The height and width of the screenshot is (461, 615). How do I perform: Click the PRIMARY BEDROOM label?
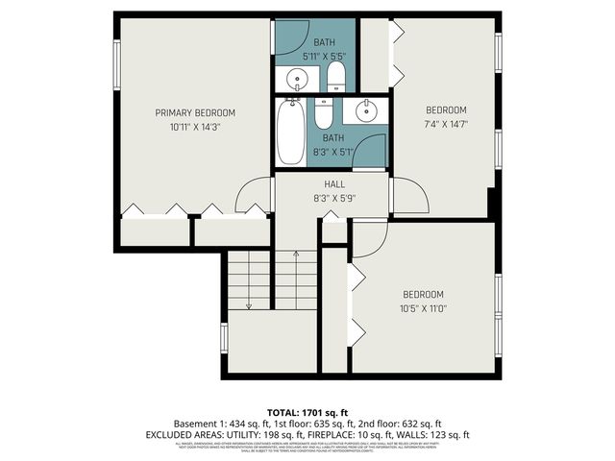[195, 112]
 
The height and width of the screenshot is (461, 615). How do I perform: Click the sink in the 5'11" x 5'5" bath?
[293, 78]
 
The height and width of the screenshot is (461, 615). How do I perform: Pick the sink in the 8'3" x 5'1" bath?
[366, 112]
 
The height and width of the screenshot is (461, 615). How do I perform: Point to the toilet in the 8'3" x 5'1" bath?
[325, 114]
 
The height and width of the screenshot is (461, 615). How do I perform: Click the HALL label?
[334, 184]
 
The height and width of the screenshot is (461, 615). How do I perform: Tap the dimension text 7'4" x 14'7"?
[446, 123]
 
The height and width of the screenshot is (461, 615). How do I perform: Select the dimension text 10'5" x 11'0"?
[423, 307]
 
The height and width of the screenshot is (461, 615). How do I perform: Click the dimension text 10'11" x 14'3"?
[195, 126]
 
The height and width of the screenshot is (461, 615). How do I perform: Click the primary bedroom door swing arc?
[254, 196]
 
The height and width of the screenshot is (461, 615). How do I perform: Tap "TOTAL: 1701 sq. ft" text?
[307, 411]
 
